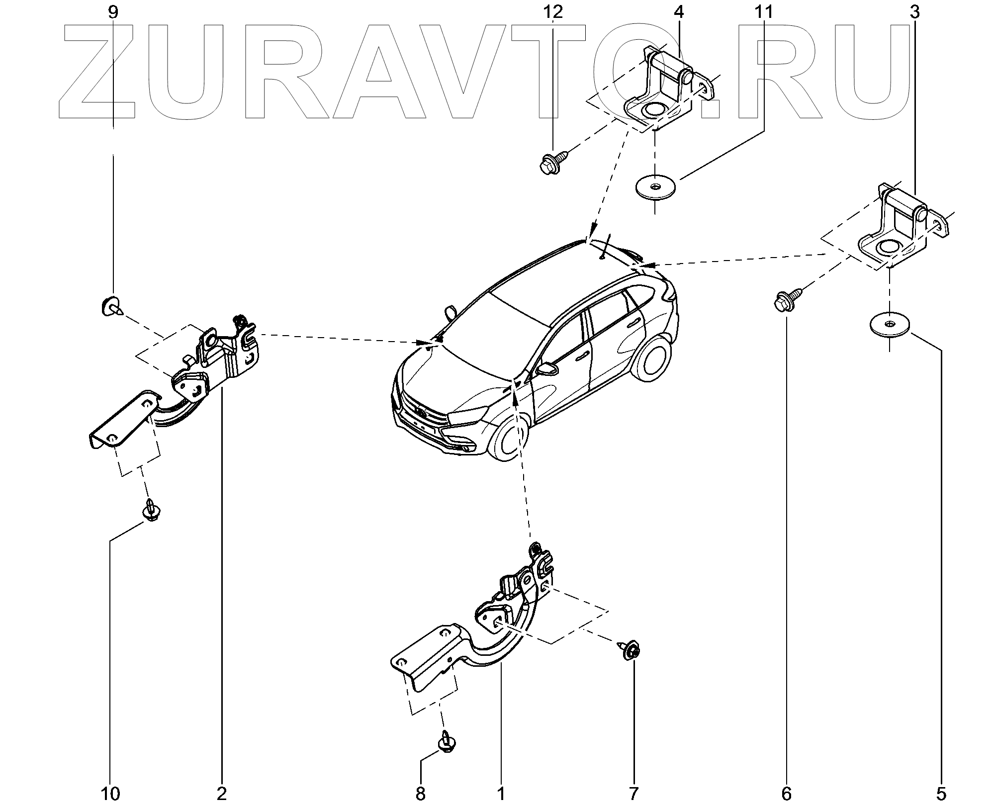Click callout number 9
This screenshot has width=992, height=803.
(x=113, y=12)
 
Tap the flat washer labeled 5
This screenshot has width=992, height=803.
(x=889, y=325)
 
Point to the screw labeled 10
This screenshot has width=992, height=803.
(x=150, y=512)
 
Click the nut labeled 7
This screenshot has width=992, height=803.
(x=630, y=651)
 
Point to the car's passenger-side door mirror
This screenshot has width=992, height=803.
(x=545, y=369)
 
